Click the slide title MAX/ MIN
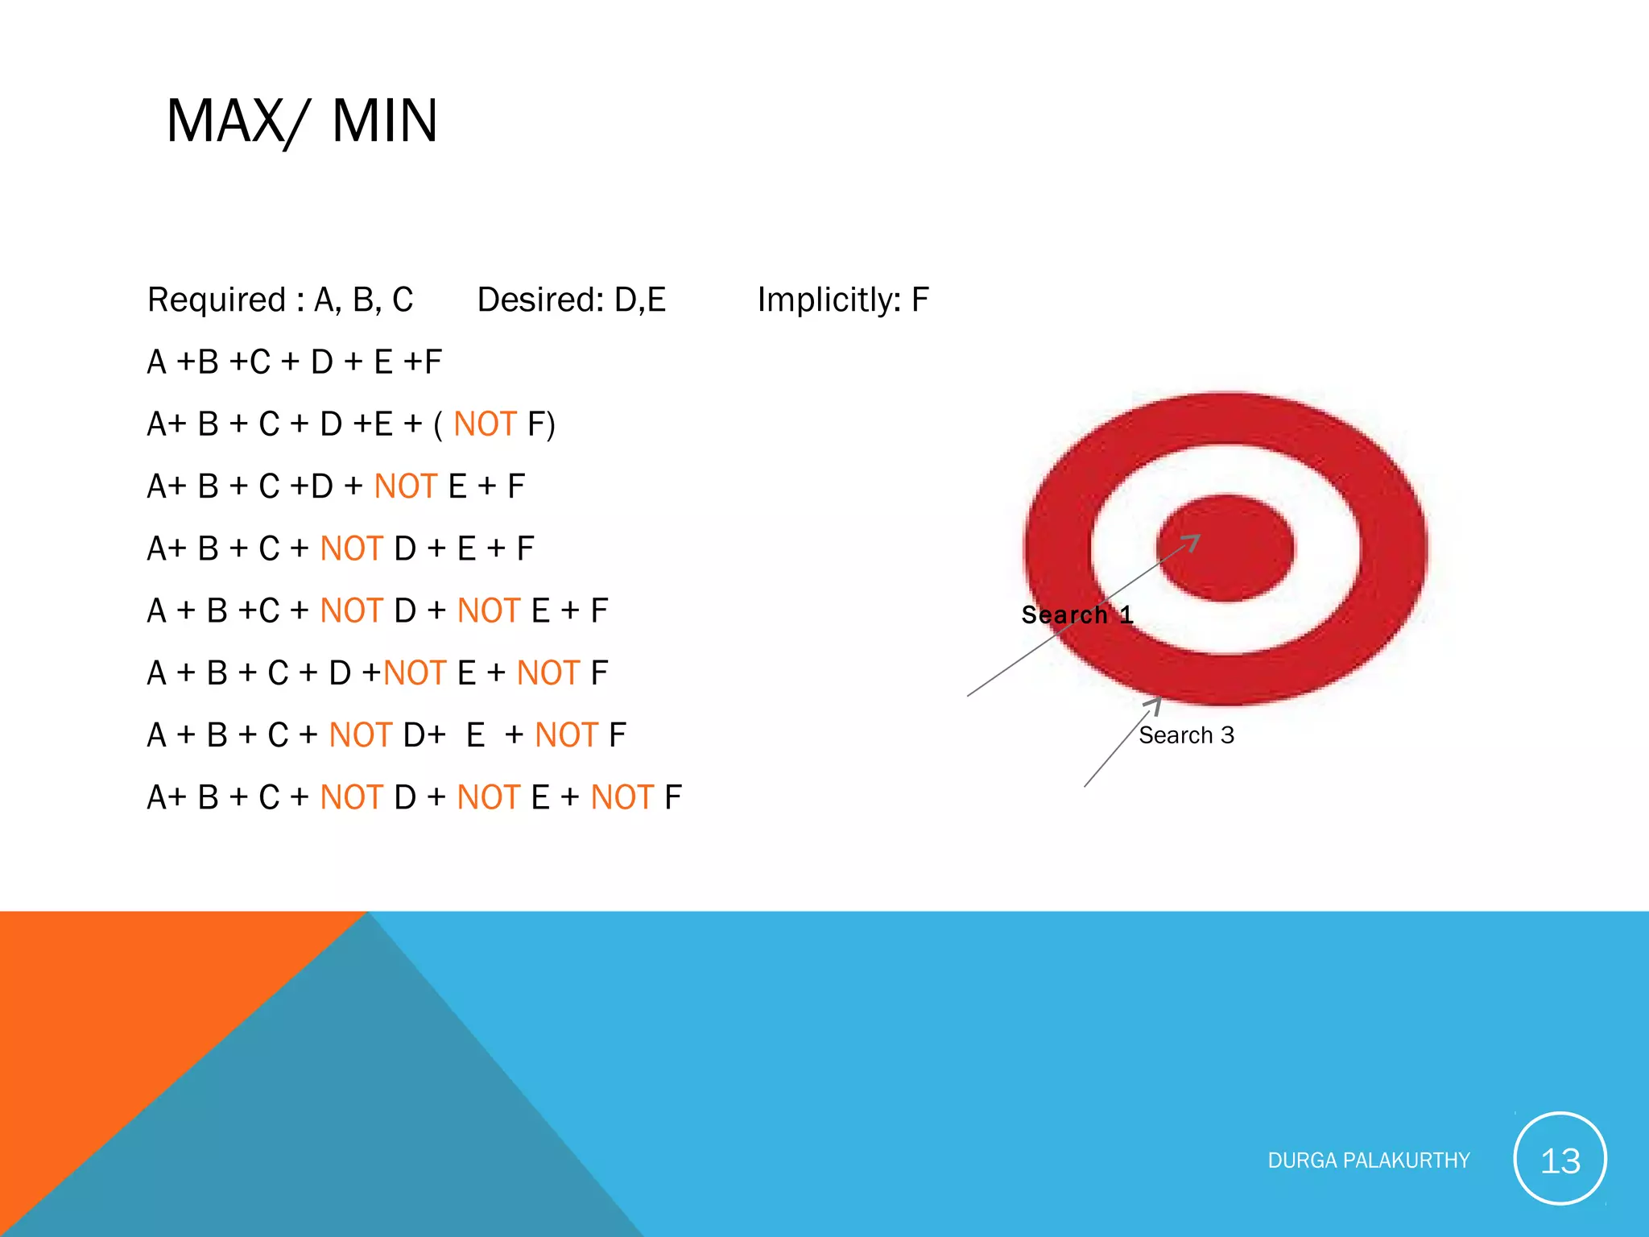302,121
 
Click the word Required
217,300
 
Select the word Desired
539,300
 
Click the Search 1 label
1077,614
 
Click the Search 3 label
1186,735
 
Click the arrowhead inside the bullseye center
1193,541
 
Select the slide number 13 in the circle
1560,1160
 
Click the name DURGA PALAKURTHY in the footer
1369,1160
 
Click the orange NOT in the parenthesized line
485,424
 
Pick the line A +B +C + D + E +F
295,362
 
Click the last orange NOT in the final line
622,797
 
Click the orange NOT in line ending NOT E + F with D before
405,486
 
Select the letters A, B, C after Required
363,300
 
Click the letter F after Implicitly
920,300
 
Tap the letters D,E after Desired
640,300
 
